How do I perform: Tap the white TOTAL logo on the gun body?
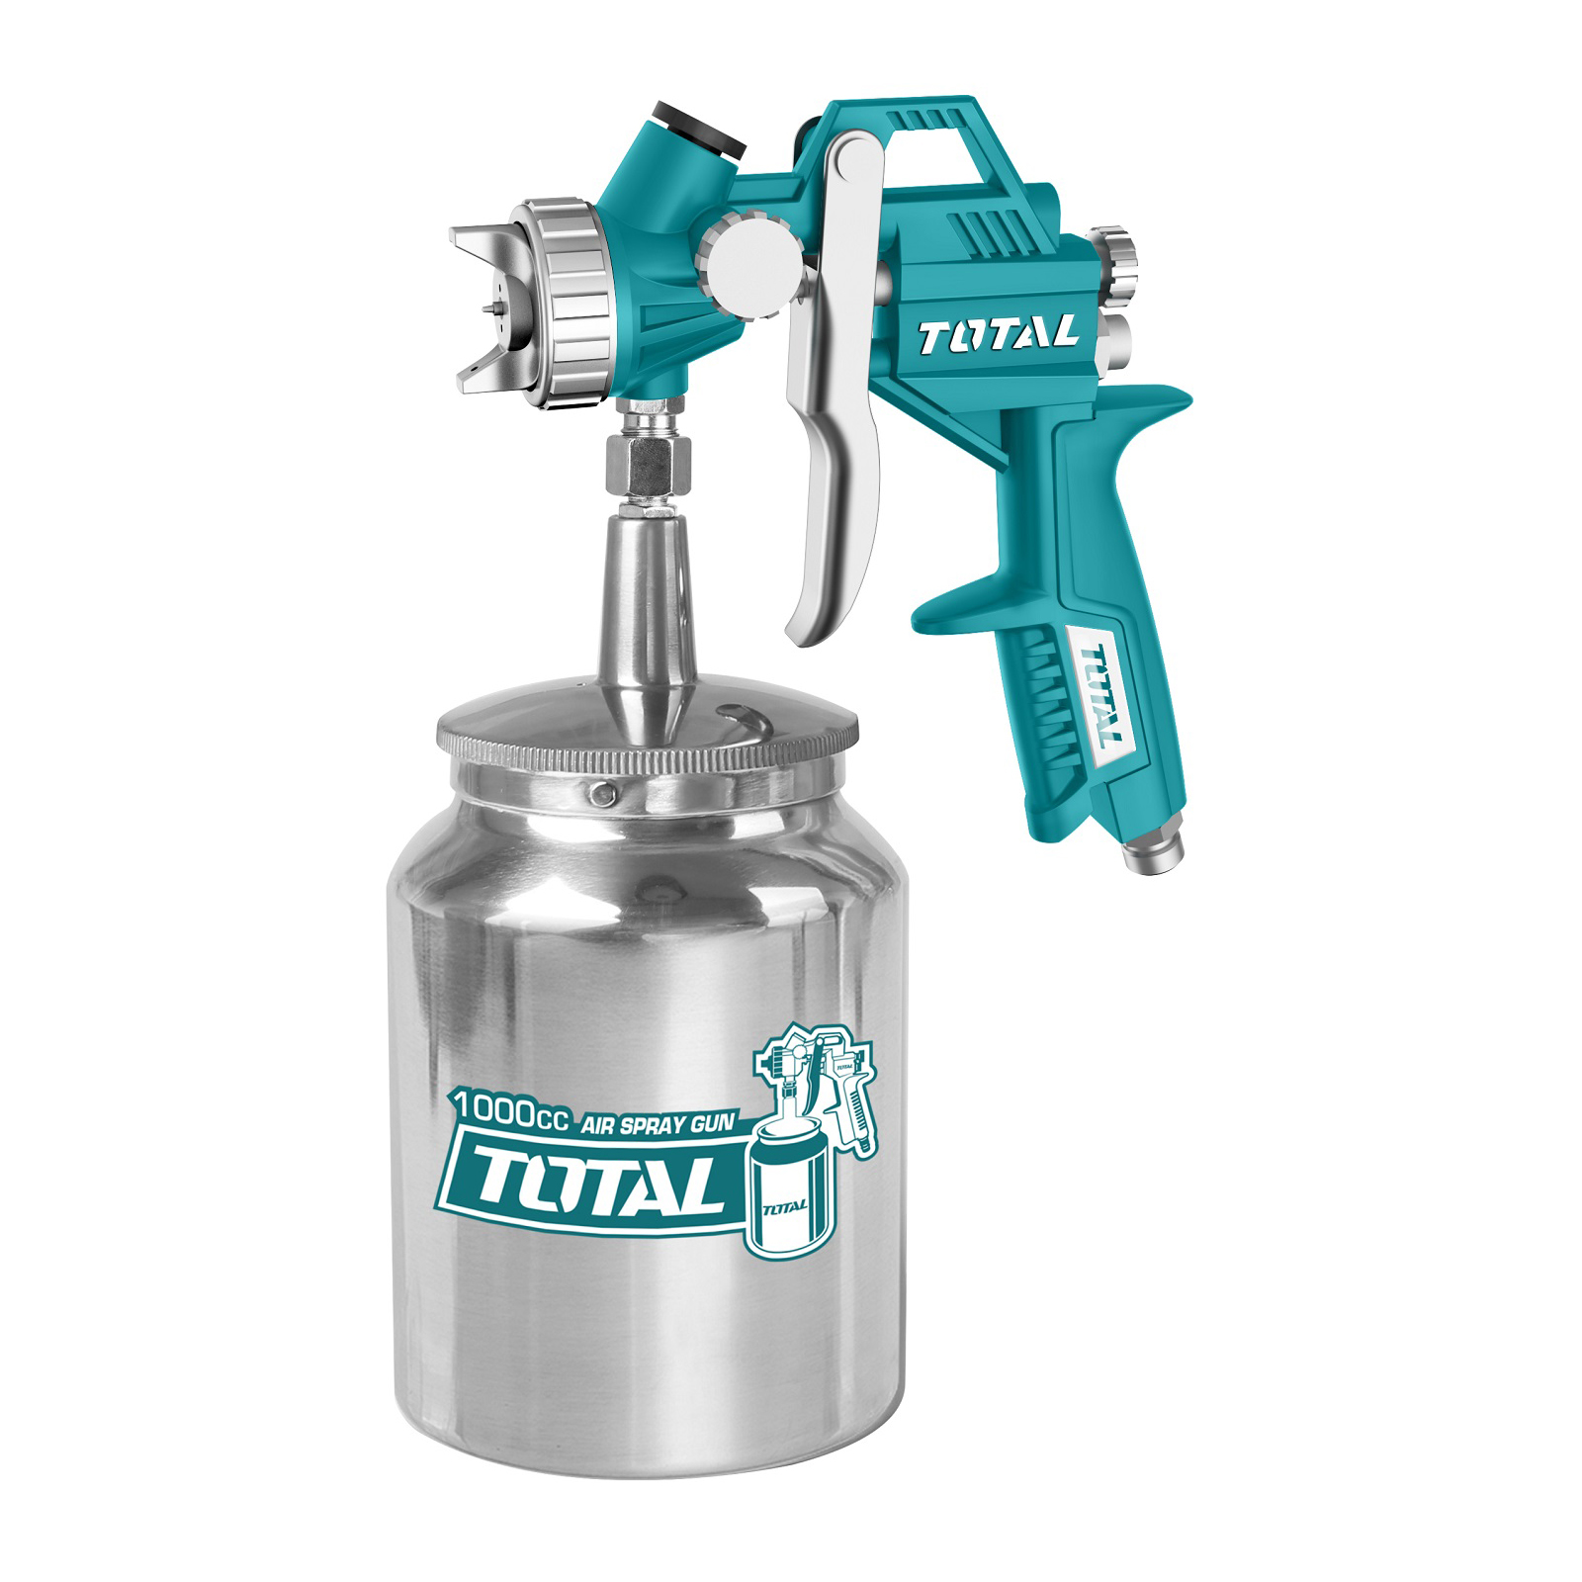tap(997, 336)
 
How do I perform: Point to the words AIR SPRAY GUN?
tap(658, 1124)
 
